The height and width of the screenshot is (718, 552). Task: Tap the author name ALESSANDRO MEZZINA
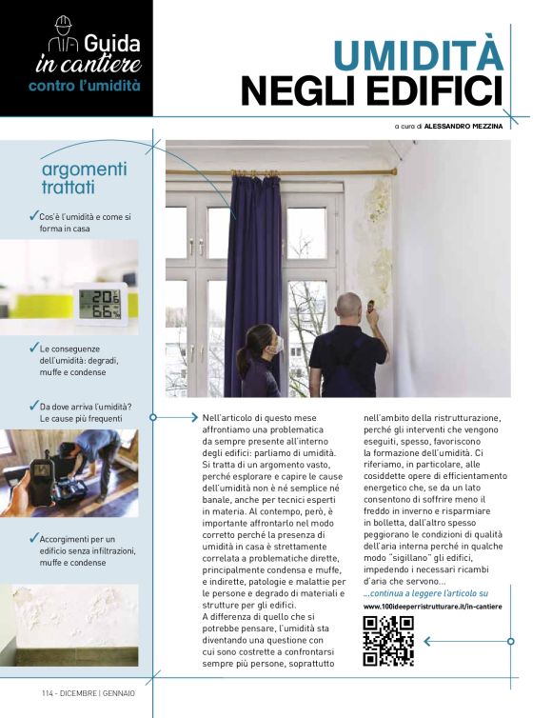click(463, 125)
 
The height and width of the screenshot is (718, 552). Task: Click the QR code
click(387, 640)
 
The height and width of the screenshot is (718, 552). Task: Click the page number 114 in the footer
click(49, 693)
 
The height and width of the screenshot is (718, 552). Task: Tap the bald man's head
click(349, 307)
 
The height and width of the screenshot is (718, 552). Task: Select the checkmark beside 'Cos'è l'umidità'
click(34, 216)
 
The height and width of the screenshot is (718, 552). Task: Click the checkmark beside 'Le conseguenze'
click(34, 348)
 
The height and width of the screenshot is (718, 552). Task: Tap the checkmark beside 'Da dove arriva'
click(34, 406)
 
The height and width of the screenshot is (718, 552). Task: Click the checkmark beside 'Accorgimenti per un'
click(34, 538)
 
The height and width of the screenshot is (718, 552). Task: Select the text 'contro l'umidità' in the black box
click(84, 86)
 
